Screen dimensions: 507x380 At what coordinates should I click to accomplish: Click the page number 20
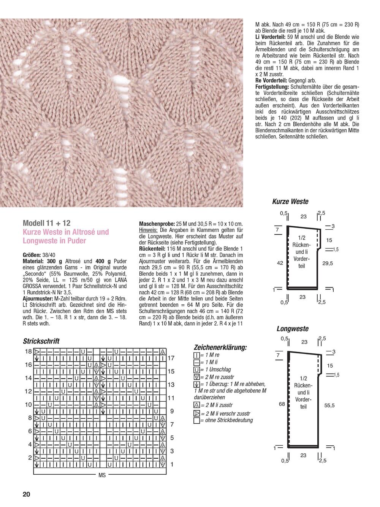click(26, 494)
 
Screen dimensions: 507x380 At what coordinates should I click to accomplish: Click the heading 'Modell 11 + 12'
click(46, 223)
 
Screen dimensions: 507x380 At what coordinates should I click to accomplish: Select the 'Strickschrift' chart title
click(41, 341)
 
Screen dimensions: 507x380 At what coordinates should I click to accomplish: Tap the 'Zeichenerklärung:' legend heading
click(220, 347)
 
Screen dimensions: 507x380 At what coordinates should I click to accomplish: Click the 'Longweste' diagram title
click(293, 329)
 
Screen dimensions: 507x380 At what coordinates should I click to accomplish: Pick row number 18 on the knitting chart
click(28, 351)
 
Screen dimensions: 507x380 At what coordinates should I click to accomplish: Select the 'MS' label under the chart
click(102, 475)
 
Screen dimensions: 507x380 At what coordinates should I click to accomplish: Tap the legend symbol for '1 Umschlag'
click(196, 369)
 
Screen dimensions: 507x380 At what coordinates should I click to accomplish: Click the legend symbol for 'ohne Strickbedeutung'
click(196, 421)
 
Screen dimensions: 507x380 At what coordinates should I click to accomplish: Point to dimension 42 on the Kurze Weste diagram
click(280, 263)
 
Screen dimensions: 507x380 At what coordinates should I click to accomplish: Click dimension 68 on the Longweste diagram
click(282, 404)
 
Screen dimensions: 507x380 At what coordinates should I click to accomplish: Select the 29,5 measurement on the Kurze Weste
click(328, 263)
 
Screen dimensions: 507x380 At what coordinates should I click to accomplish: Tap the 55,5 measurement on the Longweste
click(329, 406)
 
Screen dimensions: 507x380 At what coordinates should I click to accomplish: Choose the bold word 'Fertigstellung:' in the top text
click(271, 87)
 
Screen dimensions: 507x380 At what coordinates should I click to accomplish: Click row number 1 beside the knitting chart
click(172, 464)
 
